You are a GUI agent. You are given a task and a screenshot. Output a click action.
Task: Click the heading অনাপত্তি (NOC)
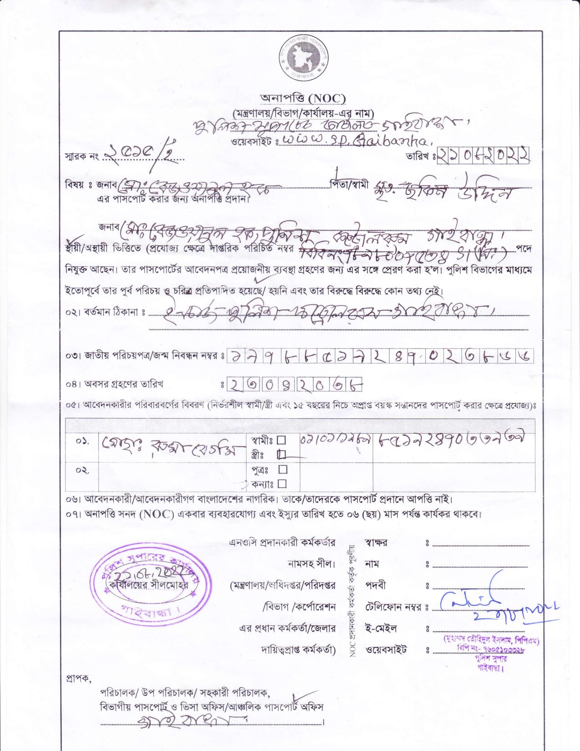click(x=303, y=98)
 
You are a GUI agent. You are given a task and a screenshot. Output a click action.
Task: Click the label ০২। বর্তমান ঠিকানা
click(x=104, y=314)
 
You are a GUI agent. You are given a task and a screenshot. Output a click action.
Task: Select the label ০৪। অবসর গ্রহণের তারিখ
click(x=114, y=384)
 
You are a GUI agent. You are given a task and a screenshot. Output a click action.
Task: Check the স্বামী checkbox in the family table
click(x=281, y=440)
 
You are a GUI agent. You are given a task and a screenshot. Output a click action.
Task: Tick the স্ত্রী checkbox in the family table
click(x=281, y=454)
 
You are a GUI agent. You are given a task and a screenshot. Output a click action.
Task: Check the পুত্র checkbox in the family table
click(x=282, y=469)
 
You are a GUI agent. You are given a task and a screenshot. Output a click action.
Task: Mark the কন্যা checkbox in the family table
click(x=282, y=483)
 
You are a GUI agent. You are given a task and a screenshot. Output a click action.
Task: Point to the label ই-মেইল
click(x=381, y=629)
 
